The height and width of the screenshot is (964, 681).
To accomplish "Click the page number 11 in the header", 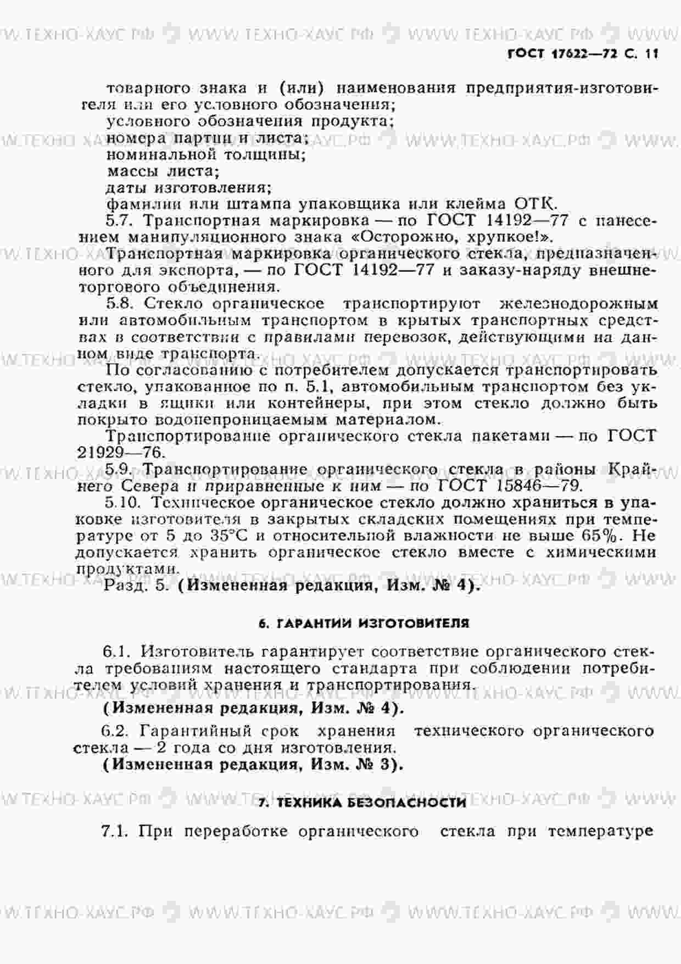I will [x=651, y=54].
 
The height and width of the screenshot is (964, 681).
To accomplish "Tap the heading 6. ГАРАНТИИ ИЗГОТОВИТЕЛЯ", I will [x=364, y=623].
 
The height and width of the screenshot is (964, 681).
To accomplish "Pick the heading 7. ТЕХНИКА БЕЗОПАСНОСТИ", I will [x=362, y=803].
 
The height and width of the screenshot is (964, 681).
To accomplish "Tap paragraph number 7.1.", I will [x=115, y=831].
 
